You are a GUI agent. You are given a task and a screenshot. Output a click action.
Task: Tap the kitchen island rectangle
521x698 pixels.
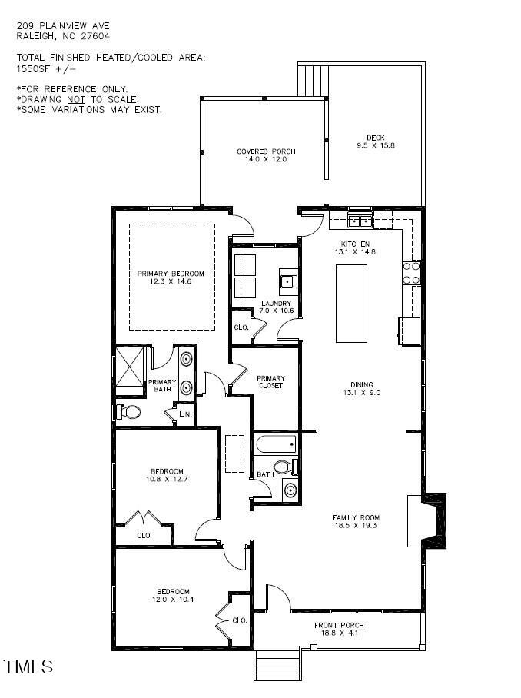351,303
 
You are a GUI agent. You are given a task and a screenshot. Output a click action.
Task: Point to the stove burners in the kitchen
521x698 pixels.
411,273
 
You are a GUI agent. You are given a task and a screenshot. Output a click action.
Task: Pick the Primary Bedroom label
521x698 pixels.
171,274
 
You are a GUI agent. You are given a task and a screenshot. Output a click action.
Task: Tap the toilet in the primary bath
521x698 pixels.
129,412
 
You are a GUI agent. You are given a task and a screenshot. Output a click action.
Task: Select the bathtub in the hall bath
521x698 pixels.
275,444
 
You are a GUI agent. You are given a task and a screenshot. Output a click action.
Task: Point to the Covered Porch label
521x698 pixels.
266,151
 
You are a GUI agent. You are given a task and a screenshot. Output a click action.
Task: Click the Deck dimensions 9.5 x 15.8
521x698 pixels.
375,145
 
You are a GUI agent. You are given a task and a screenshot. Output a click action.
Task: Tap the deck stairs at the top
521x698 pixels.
314,79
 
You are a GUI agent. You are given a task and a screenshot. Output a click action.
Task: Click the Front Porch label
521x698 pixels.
339,625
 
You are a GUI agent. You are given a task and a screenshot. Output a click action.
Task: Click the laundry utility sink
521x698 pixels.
289,281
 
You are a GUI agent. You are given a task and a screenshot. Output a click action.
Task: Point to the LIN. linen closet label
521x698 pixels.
185,414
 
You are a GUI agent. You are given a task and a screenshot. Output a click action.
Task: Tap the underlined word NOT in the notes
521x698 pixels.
75,99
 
